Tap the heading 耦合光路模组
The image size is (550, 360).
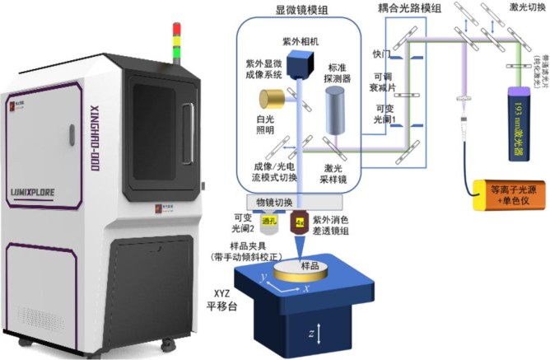408,7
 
